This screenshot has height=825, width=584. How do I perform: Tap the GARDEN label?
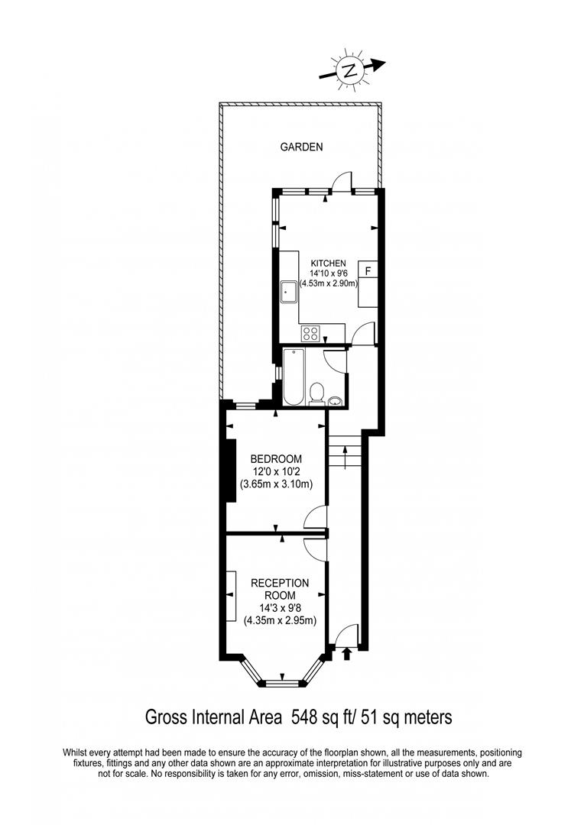click(300, 147)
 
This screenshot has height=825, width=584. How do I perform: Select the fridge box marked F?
click(368, 270)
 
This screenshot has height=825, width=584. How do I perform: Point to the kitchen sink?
click(290, 291)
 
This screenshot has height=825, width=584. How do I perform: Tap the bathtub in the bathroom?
click(294, 377)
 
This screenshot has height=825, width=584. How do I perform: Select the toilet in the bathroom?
click(316, 393)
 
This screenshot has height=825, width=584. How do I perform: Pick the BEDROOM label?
click(277, 459)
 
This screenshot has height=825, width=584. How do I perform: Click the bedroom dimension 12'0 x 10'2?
click(277, 471)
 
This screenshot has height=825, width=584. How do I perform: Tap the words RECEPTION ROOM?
click(280, 589)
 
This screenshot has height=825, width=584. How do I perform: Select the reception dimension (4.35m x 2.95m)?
click(280, 620)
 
